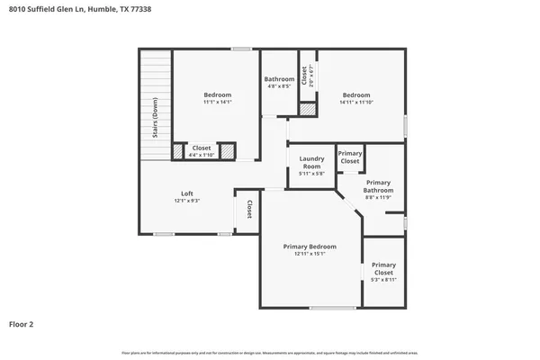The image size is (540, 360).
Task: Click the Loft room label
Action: (187, 193)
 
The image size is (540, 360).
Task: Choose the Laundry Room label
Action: (311, 163)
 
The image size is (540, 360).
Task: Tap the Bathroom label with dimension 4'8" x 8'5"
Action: (279, 79)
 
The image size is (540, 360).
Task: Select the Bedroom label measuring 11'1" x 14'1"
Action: (217, 94)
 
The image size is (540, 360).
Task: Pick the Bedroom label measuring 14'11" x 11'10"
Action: (355, 94)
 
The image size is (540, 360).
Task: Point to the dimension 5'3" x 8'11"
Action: (383, 280)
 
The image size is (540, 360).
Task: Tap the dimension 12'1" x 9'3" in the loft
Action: (187, 201)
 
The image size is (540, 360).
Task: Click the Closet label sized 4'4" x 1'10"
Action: (202, 148)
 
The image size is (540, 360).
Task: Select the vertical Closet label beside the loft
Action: (249, 210)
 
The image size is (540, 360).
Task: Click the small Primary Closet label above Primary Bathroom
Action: (350, 157)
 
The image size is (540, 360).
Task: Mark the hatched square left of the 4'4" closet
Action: (178, 150)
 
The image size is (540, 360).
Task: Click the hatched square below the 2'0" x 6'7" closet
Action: (308, 108)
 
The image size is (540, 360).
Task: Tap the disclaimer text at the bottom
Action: (270, 352)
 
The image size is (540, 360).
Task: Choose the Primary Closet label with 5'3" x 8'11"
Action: (383, 267)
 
